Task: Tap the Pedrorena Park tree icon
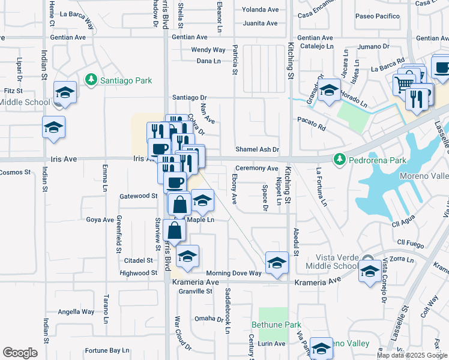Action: coord(340,159)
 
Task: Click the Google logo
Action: coord(20,353)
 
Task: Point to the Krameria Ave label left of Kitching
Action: coord(196,281)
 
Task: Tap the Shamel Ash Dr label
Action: coord(258,149)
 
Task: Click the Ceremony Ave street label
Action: coord(256,169)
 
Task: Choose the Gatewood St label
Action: coord(138,196)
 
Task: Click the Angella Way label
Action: coord(76,311)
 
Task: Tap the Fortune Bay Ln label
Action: coord(107,350)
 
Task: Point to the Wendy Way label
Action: coord(208,50)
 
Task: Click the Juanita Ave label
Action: coord(260,23)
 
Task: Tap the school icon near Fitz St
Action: coord(65,92)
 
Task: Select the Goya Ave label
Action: coord(100,220)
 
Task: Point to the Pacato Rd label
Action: coord(312,127)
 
